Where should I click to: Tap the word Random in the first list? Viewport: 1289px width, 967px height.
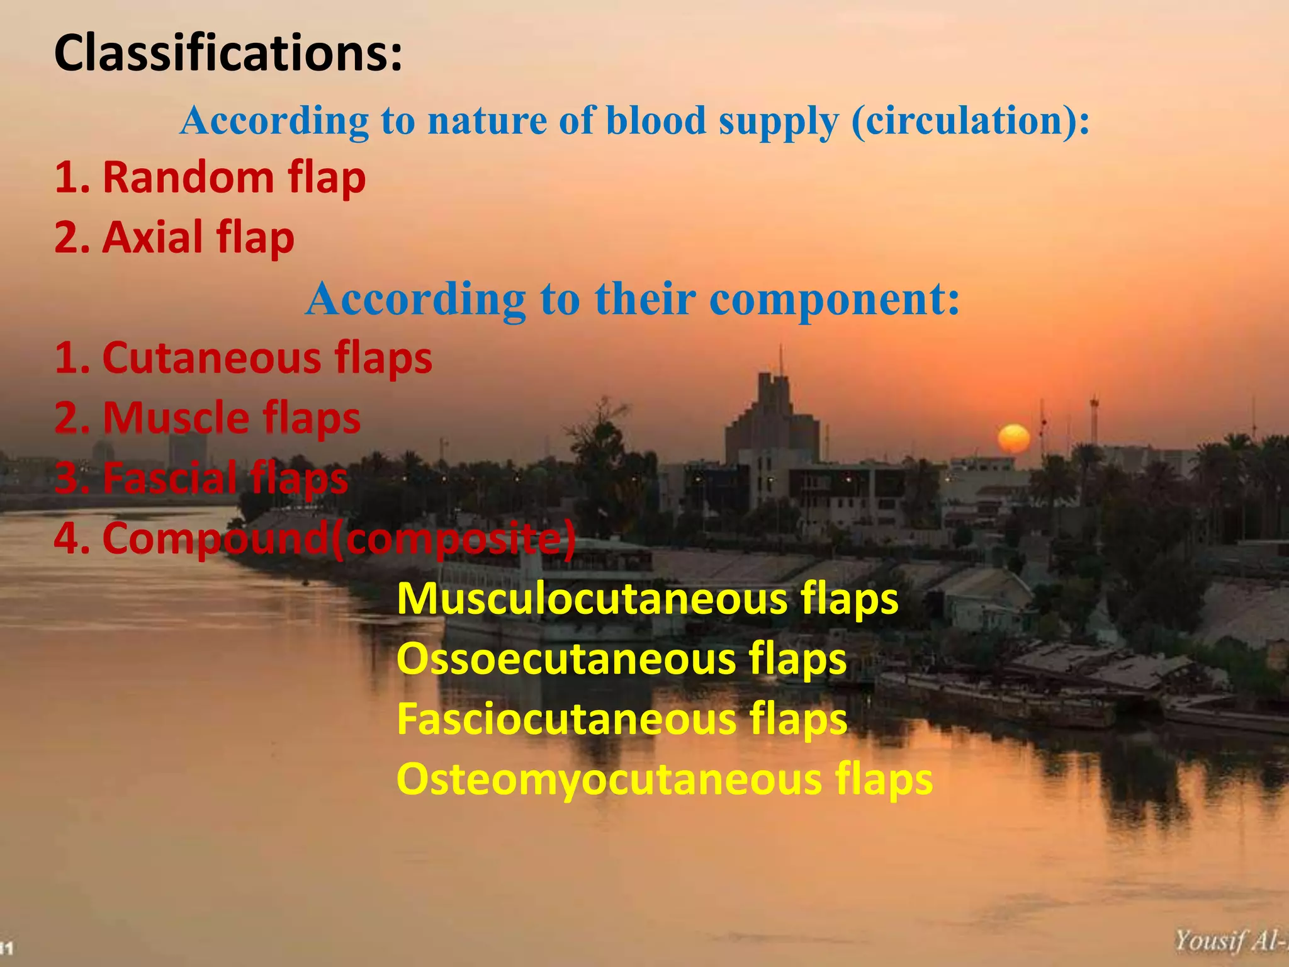[x=188, y=178]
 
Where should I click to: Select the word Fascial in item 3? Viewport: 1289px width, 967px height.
[x=170, y=478]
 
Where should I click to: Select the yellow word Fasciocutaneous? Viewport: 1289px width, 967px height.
[x=566, y=719]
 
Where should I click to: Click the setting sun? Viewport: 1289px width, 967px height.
[x=1013, y=438]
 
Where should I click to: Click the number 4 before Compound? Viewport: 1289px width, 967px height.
[x=67, y=539]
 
